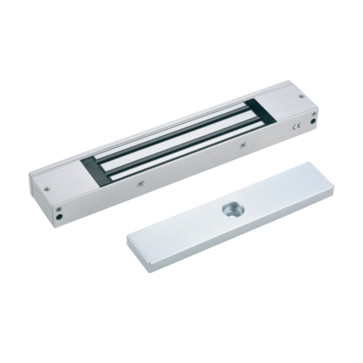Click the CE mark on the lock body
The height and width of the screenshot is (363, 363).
(x=297, y=127)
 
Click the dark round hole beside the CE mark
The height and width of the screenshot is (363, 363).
(x=314, y=121)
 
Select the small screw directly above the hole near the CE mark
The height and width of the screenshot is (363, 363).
(x=314, y=114)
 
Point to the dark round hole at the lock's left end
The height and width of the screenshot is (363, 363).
(x=60, y=217)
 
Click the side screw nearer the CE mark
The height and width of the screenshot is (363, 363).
(x=242, y=145)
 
